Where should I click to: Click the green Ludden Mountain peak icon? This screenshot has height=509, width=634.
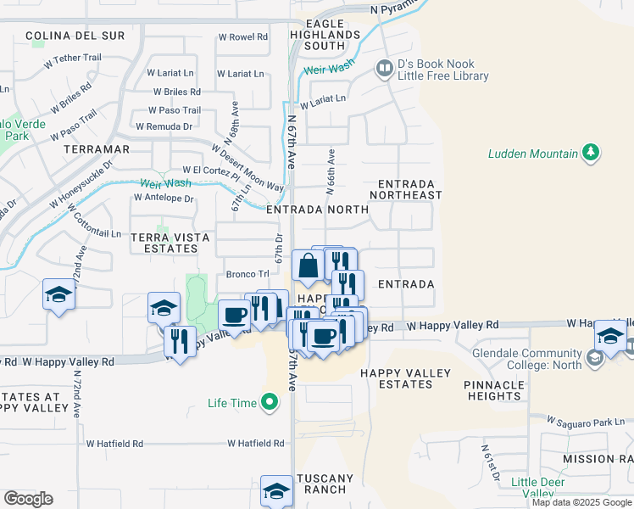pyautogui.click(x=591, y=154)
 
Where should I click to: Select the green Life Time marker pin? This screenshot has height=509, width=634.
pyautogui.click(x=270, y=402)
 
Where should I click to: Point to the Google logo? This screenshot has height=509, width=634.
pyautogui.click(x=28, y=498)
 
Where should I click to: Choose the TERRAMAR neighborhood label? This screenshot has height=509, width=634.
pyautogui.click(x=96, y=148)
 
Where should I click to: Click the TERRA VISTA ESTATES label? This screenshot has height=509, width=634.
pyautogui.click(x=163, y=242)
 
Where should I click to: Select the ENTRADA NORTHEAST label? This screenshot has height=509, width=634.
pyautogui.click(x=409, y=189)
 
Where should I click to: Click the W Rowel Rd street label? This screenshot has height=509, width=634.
pyautogui.click(x=242, y=36)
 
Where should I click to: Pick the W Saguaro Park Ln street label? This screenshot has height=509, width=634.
pyautogui.click(x=586, y=421)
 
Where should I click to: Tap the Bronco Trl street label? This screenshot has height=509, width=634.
pyautogui.click(x=247, y=274)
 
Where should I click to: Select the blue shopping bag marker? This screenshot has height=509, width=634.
pyautogui.click(x=308, y=266)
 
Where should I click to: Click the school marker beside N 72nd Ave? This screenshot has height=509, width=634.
pyautogui.click(x=58, y=295)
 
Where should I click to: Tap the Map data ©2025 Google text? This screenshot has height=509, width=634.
pyautogui.click(x=581, y=502)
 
